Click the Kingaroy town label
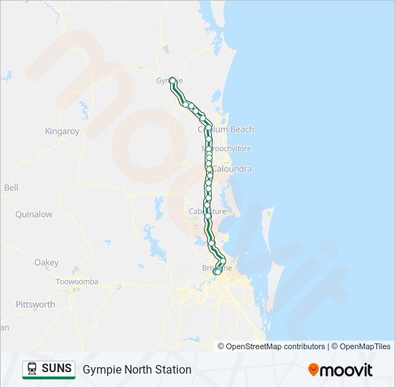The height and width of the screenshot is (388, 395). pos(62,131)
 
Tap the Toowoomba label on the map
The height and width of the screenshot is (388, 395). pos(77,282)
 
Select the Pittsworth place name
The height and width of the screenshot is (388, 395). pos(35,305)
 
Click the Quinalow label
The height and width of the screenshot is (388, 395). pos(34,214)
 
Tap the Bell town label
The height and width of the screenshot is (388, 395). pos(11,188)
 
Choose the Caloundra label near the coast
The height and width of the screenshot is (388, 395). pos(231,169)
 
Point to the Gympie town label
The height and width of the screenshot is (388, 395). pos(164,80)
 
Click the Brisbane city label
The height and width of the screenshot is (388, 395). pos(216,267)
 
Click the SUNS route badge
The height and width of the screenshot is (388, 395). pos(49,369)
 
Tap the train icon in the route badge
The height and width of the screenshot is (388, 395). pos(32,369)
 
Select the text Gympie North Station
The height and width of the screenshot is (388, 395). pos(137,369)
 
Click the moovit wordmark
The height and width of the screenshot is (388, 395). pos(347,369)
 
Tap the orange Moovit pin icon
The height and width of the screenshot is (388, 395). pos(313,369)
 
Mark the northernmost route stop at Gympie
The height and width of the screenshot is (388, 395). pos(172,80)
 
